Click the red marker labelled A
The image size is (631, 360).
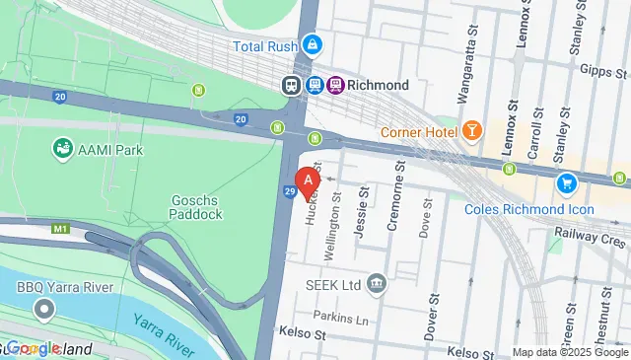[309, 181]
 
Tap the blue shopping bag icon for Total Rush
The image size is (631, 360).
[313, 44]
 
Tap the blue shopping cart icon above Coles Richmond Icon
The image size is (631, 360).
[566, 182]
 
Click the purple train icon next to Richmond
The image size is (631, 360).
[336, 86]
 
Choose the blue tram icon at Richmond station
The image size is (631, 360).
[315, 86]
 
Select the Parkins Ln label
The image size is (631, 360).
[339, 319]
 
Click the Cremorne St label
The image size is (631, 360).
[391, 206]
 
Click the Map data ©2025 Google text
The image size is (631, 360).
[570, 352]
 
